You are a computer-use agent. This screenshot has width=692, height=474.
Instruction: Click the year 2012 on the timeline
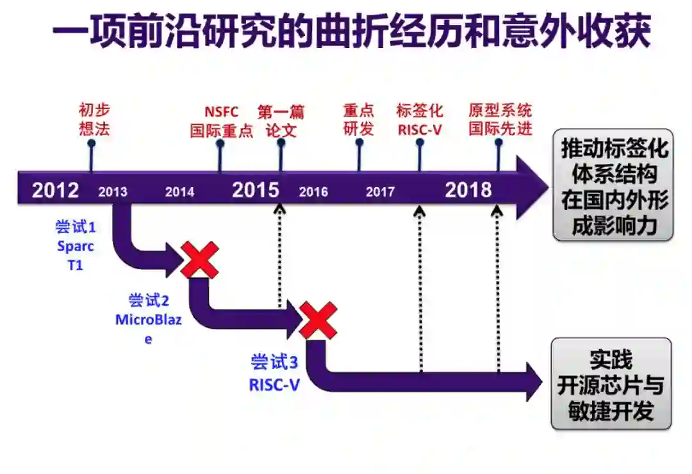point(56,190)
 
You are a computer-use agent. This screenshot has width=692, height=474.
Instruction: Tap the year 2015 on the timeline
point(256,190)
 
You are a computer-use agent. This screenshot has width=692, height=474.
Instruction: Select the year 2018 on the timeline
point(468,190)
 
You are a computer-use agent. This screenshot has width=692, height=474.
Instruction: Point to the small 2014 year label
point(179,192)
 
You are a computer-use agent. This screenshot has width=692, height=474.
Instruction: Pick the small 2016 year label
point(313,192)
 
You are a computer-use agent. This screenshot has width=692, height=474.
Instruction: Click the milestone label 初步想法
point(95,120)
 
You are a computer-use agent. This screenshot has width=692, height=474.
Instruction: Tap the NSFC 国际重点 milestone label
point(221,121)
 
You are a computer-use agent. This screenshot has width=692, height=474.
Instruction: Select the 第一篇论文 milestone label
point(281,121)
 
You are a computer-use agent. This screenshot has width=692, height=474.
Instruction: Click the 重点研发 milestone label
point(358,120)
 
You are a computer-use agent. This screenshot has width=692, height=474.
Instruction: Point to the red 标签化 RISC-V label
point(420,120)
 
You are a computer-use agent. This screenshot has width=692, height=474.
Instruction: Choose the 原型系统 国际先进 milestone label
point(500,120)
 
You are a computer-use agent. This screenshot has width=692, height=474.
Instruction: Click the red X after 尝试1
point(199,259)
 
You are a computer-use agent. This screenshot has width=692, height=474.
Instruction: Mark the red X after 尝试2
point(318,320)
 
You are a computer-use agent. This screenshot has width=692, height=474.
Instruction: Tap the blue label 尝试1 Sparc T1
point(76,246)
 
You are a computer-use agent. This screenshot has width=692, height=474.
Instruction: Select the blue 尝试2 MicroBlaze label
point(149,319)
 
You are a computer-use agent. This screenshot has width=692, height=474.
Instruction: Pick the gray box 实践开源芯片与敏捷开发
point(611,385)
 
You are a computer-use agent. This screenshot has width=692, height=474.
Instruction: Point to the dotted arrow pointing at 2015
point(279,256)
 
